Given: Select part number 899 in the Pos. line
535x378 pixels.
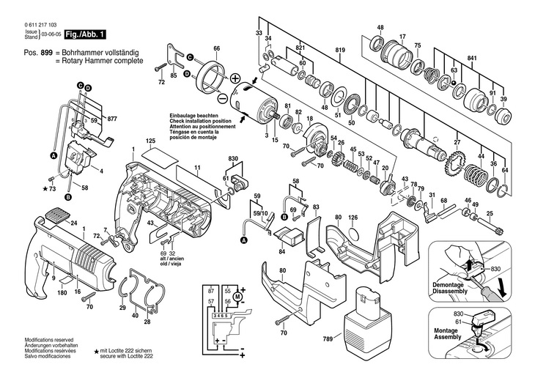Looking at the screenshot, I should tap(46, 53).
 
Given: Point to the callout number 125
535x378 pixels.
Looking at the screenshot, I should tap(150, 140).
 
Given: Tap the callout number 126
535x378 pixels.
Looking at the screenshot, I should tap(353, 217).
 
